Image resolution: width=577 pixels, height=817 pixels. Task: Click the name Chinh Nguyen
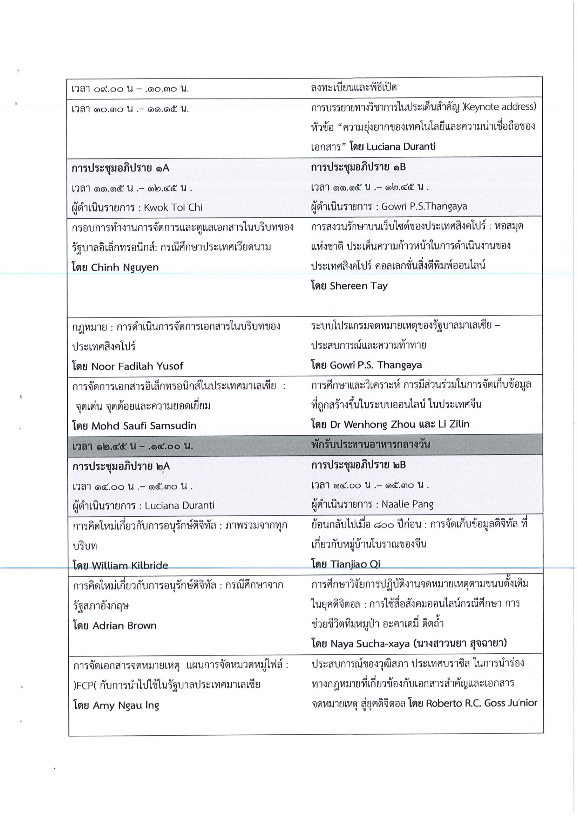(x=124, y=267)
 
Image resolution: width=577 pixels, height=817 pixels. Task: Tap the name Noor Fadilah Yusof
(x=137, y=366)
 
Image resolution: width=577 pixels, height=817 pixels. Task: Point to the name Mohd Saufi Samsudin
(x=144, y=425)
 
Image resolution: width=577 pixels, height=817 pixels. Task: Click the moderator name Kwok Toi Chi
(x=173, y=207)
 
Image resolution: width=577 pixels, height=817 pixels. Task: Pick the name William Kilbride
(x=130, y=565)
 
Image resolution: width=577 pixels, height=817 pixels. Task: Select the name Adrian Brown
(x=124, y=626)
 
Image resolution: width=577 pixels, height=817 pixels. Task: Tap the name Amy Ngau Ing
(x=125, y=705)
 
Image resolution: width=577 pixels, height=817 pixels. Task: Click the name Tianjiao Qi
(x=355, y=564)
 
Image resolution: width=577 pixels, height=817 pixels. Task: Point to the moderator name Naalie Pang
(x=407, y=504)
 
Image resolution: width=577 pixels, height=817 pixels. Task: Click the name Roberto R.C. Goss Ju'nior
(x=481, y=703)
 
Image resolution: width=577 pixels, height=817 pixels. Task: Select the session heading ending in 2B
(x=358, y=465)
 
